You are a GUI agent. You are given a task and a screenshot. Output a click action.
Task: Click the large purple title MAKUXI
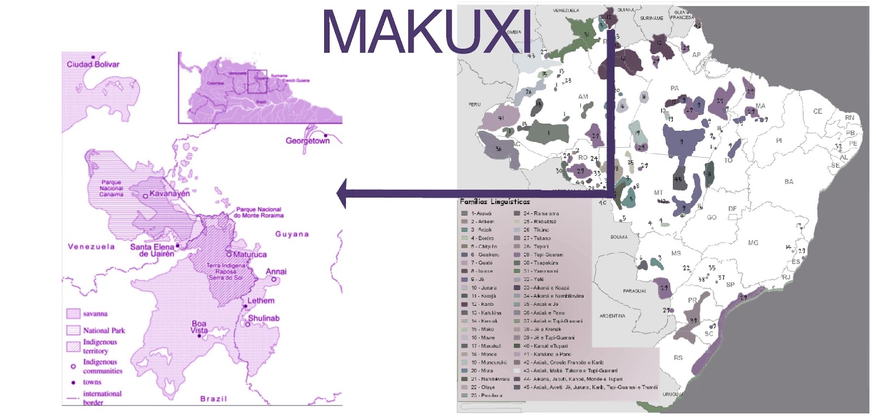[x=427, y=31]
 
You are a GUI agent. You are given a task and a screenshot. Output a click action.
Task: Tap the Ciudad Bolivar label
[x=93, y=64]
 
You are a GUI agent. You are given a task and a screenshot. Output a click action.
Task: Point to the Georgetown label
[x=308, y=141]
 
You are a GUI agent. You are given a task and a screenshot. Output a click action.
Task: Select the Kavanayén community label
[x=169, y=194]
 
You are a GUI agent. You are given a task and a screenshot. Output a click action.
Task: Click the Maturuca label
[x=250, y=254]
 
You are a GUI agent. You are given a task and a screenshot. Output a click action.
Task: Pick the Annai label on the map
[x=276, y=271]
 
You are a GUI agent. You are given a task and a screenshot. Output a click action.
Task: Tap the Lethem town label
[x=261, y=300]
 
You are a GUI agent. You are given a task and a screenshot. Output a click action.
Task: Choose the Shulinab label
[x=264, y=318]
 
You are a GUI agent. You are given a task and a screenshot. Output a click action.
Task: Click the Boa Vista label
[x=199, y=327]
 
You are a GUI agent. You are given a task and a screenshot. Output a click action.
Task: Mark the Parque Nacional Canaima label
[x=111, y=188]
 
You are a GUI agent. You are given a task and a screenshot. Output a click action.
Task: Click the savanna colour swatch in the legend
[x=73, y=314]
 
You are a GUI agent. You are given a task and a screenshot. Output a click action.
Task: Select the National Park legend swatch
[x=73, y=330]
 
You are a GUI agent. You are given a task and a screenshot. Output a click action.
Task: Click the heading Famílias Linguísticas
[x=495, y=202]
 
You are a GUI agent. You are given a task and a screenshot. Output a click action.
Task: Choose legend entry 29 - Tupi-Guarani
[x=543, y=254]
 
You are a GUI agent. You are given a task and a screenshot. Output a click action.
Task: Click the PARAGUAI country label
[x=634, y=291]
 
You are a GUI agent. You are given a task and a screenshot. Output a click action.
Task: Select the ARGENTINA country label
[x=612, y=316]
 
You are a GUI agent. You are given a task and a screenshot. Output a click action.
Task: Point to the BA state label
[x=788, y=182]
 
